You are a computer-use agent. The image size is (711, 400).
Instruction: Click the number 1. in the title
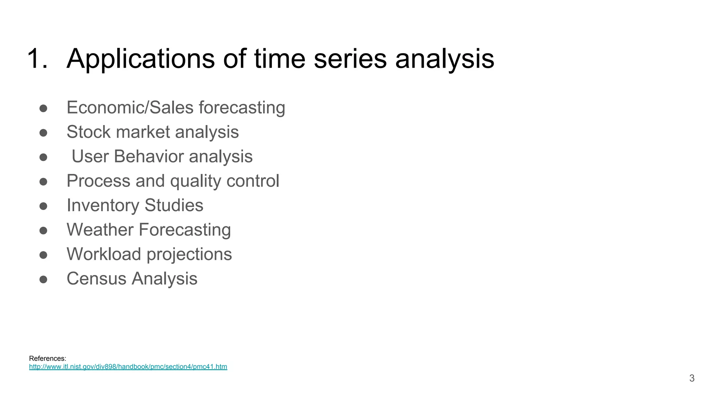pyautogui.click(x=37, y=58)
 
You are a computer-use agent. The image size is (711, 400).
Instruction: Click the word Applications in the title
pyautogui.click(x=141, y=59)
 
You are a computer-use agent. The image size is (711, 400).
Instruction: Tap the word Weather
pyautogui.click(x=100, y=230)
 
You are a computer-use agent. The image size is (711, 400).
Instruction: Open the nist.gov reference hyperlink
pyautogui.click(x=128, y=367)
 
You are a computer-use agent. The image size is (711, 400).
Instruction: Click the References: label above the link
pyautogui.click(x=48, y=358)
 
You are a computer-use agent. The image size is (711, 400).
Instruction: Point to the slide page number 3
pyautogui.click(x=692, y=378)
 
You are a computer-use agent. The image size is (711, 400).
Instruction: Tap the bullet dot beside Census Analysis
pyautogui.click(x=43, y=280)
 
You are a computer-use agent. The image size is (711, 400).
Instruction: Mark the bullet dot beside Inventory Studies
pyautogui.click(x=43, y=206)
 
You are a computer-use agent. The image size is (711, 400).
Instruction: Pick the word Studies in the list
pyautogui.click(x=174, y=205)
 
